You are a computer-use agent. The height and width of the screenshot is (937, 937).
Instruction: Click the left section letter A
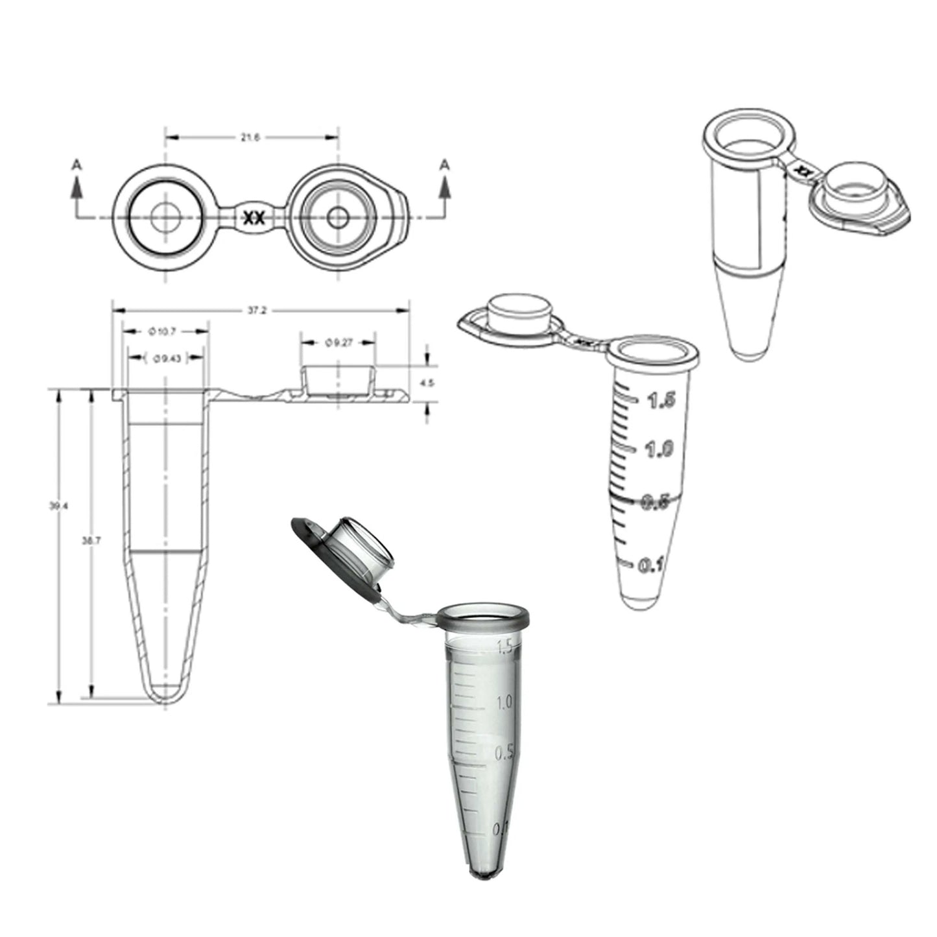[x=77, y=165]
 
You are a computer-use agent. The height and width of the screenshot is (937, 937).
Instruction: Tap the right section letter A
[x=444, y=165]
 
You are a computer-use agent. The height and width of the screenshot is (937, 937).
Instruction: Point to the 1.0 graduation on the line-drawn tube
[x=659, y=449]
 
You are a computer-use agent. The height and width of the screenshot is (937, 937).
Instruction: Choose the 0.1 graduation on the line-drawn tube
[x=650, y=566]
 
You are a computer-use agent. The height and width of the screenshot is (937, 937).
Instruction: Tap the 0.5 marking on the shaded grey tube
[x=504, y=753]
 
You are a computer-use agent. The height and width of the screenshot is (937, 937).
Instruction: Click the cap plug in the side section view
[x=337, y=381]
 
